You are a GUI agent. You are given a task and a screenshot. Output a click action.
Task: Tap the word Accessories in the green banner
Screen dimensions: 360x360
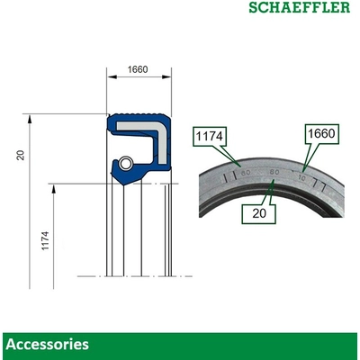47,344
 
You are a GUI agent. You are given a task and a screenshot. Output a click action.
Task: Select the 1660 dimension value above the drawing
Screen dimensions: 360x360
138,69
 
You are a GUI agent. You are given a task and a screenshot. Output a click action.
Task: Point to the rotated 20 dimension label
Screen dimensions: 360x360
20,155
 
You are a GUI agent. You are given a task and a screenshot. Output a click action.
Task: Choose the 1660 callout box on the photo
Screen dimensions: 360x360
321,134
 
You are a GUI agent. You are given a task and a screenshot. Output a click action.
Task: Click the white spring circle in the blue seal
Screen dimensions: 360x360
127,163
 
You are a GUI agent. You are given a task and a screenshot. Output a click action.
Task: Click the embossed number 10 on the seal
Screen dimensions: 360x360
301,176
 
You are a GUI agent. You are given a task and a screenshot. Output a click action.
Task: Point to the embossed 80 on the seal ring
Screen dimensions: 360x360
274,171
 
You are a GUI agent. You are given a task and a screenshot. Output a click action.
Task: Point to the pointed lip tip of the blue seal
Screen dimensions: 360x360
111,167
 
